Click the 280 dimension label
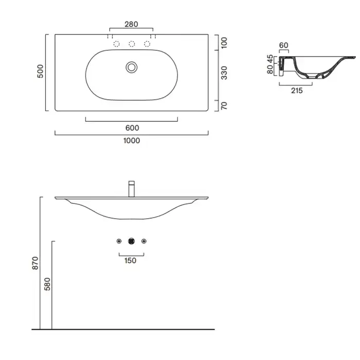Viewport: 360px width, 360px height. tap(131, 24)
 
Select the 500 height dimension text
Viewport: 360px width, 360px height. tap(40, 71)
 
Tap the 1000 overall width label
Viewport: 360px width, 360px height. tap(132, 140)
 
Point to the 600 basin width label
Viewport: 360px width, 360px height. tap(132, 128)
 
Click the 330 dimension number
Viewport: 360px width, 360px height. tap(224, 73)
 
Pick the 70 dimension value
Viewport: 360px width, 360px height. tap(224, 105)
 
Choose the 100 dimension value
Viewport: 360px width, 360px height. tap(224, 43)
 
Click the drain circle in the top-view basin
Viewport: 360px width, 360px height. tap(132, 67)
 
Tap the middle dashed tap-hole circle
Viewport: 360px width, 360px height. tap(132, 44)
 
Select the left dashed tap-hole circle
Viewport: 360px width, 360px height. tap(116, 44)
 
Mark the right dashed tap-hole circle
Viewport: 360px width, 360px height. tap(147, 44)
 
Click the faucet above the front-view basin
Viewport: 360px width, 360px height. tap(132, 189)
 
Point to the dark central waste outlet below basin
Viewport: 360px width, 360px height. tap(131, 241)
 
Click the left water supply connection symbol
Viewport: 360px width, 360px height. tap(119, 241)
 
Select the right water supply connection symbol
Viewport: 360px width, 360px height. tap(144, 241)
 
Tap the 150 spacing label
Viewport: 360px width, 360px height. tap(131, 261)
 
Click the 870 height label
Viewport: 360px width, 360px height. tap(35, 263)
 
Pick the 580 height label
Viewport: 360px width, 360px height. tap(47, 284)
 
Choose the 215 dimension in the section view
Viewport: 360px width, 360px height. tap(297, 91)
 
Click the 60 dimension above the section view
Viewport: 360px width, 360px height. tap(283, 45)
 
